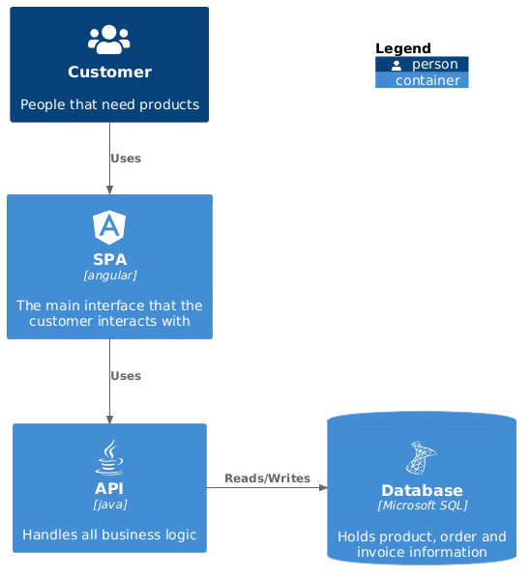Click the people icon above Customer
(x=109, y=40)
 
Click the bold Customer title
(x=109, y=72)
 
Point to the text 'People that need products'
(x=109, y=104)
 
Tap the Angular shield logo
(x=109, y=227)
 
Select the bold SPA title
(x=110, y=259)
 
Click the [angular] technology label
(x=110, y=275)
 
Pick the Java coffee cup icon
(x=109, y=457)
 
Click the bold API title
(x=109, y=488)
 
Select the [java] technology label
(x=110, y=505)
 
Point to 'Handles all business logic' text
(x=109, y=535)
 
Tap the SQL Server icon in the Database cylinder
(x=422, y=457)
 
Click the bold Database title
(x=422, y=490)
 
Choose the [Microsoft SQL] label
(x=423, y=506)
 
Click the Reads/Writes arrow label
(x=267, y=478)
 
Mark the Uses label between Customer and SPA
(x=126, y=159)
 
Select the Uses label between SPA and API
(x=126, y=376)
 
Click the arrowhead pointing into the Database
(x=323, y=488)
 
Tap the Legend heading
(x=403, y=48)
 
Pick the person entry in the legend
(x=422, y=65)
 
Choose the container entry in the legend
(x=422, y=80)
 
